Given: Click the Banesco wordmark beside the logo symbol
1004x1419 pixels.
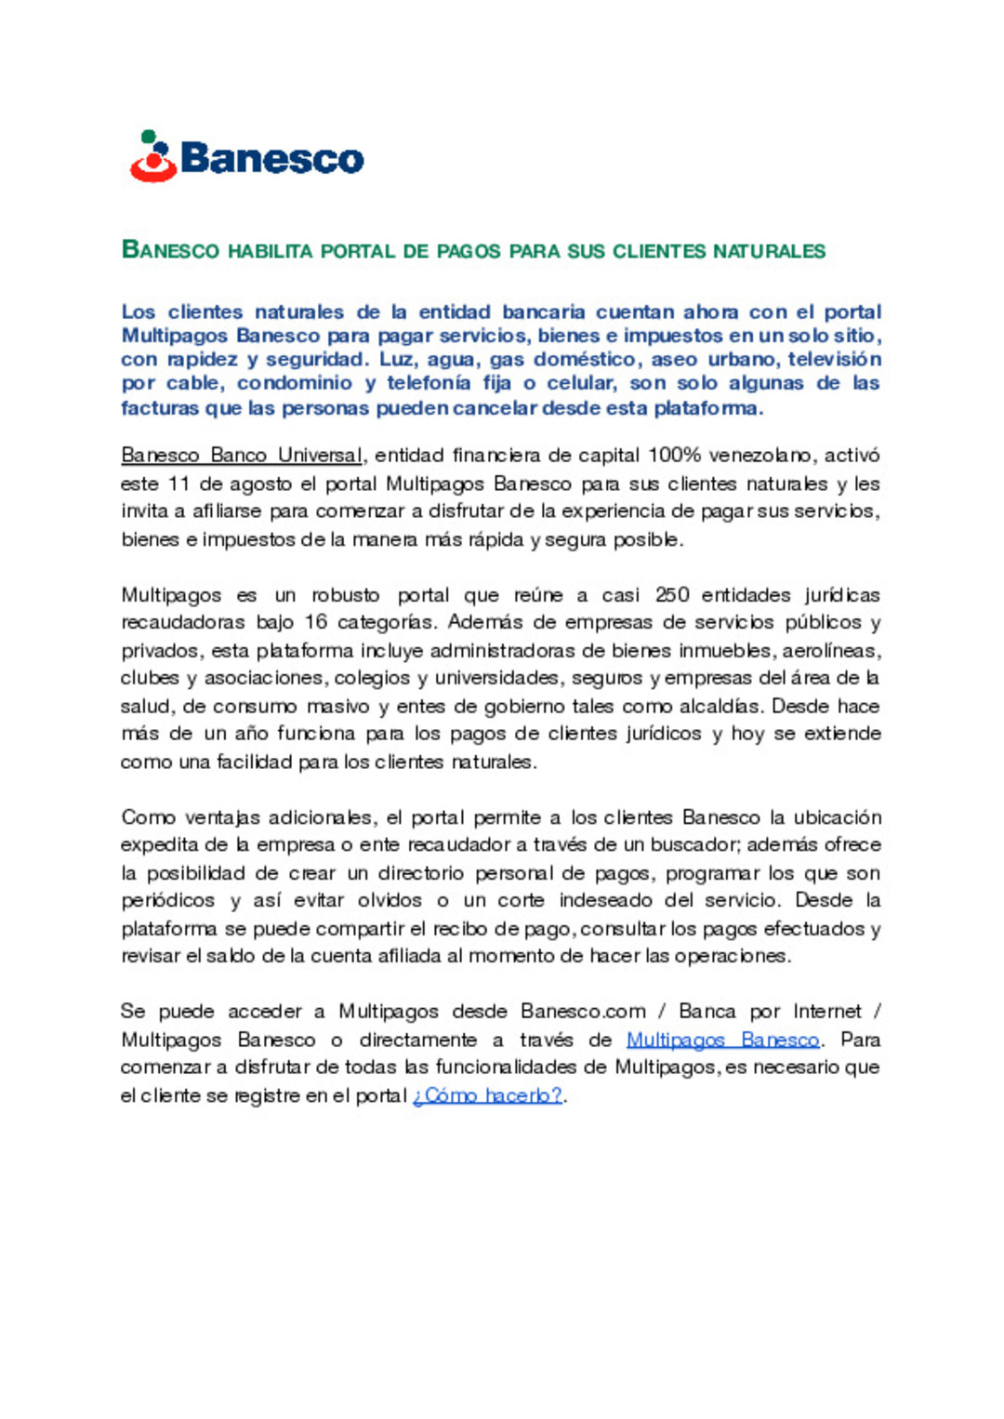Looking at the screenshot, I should (271, 159).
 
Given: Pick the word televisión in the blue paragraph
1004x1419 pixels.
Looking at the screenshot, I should (834, 359).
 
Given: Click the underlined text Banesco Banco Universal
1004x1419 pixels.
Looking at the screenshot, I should (242, 456).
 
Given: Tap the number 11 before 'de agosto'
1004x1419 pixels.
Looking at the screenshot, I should (178, 484).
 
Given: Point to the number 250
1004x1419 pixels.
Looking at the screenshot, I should (672, 595).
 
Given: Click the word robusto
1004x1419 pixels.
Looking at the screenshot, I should (345, 595).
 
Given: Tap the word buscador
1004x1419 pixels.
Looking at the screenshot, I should (693, 845).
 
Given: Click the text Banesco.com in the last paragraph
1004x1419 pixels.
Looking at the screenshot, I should (583, 1012).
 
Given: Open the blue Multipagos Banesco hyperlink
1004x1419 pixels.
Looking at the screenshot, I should (722, 1040).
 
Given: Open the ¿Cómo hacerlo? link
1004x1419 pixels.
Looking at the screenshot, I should (488, 1095).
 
